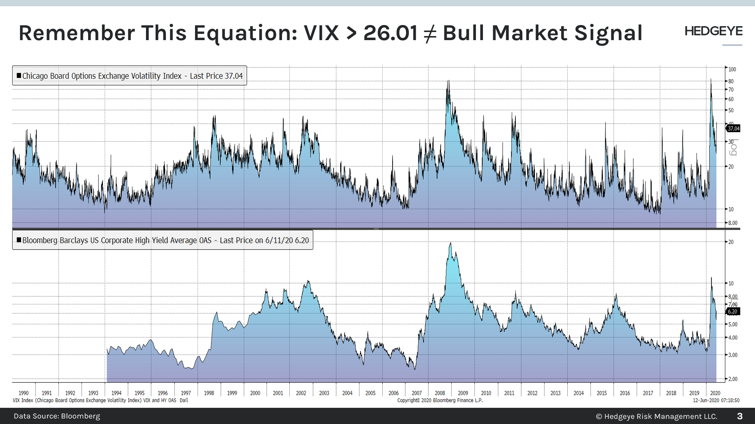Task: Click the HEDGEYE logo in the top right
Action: pos(713,32)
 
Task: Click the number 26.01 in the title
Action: pos(390,33)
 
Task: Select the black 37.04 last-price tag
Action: pos(733,128)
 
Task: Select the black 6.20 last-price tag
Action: pos(733,312)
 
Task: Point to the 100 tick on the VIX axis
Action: pos(732,69)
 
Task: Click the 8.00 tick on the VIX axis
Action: pos(733,223)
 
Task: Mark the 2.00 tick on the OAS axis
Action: pos(733,379)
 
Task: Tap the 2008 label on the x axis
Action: pos(440,393)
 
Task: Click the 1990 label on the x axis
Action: pos(24,393)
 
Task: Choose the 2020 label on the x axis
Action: pos(715,393)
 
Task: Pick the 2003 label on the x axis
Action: pos(324,393)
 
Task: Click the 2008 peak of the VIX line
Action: pos(448,81)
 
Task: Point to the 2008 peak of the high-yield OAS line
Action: pos(450,243)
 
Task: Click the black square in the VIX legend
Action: pos(19,75)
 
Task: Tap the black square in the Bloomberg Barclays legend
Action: pos(19,240)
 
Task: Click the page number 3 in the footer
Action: pos(740,416)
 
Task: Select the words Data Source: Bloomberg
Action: pos(57,416)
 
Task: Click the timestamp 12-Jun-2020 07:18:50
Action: pos(716,400)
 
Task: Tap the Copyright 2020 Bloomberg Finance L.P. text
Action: pos(440,400)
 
